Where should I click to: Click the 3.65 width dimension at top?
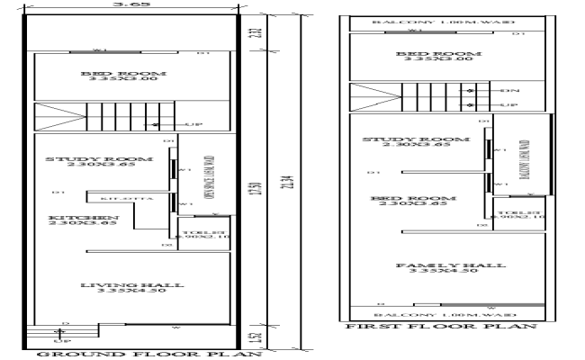131,4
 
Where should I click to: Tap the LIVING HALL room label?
131,285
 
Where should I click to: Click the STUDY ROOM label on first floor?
416,139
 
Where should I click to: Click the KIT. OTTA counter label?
114,196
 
